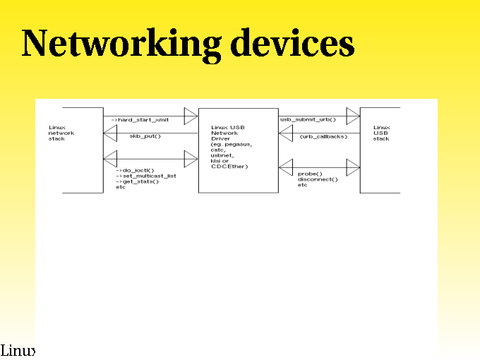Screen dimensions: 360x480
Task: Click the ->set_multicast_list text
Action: coord(145,176)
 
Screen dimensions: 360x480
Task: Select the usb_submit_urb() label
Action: coord(308,120)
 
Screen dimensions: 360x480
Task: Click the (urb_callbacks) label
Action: coord(323,136)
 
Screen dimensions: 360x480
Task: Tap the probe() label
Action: coord(309,174)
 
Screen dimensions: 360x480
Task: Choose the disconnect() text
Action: coord(318,179)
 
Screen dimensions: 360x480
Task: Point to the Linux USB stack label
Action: coord(381,133)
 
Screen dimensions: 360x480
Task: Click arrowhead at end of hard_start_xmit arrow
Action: coord(191,115)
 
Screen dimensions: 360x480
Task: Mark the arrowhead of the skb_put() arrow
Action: coord(110,133)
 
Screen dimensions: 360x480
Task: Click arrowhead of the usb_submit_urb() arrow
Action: coord(353,115)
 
